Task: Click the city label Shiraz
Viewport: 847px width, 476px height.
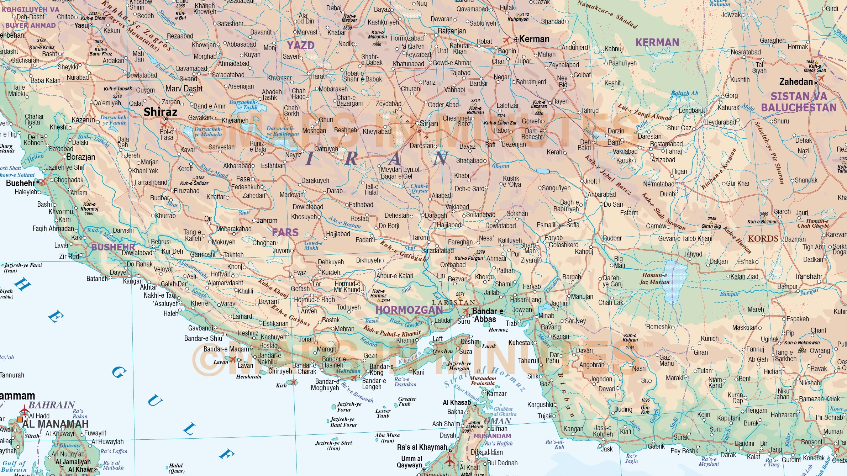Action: (x=160, y=112)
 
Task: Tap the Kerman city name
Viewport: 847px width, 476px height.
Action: (x=534, y=39)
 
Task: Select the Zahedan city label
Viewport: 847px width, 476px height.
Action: (x=796, y=82)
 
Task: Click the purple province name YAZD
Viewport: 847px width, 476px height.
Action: (x=301, y=45)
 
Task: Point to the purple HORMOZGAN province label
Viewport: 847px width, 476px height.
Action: (x=409, y=310)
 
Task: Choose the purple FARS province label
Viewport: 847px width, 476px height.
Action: (x=285, y=232)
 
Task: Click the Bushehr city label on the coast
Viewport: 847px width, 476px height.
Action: (x=20, y=183)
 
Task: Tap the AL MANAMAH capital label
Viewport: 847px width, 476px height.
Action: (x=55, y=424)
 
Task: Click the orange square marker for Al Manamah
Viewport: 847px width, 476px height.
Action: (x=20, y=419)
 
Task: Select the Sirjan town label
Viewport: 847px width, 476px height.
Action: (x=428, y=123)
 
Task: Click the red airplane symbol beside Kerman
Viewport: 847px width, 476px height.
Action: (x=506, y=41)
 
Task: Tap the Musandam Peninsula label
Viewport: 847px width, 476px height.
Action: (x=483, y=381)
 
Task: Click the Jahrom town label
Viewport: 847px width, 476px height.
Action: (x=267, y=221)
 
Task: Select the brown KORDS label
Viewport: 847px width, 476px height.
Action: (x=763, y=238)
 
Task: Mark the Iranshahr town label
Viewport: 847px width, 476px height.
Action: (x=809, y=276)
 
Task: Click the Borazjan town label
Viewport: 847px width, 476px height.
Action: (x=81, y=157)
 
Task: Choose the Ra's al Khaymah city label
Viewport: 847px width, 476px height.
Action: (x=422, y=447)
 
